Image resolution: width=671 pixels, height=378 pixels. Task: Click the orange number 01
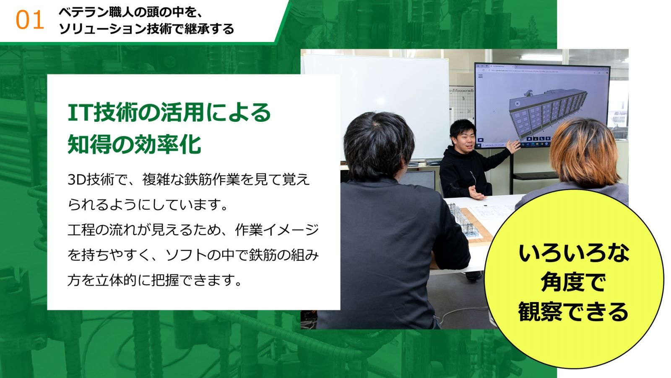tap(30, 20)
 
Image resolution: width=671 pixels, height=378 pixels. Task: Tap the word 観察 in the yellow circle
tap(541, 312)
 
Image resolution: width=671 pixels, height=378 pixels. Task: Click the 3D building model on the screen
tap(547, 111)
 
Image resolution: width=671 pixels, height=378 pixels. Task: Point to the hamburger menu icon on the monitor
tap(481, 76)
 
